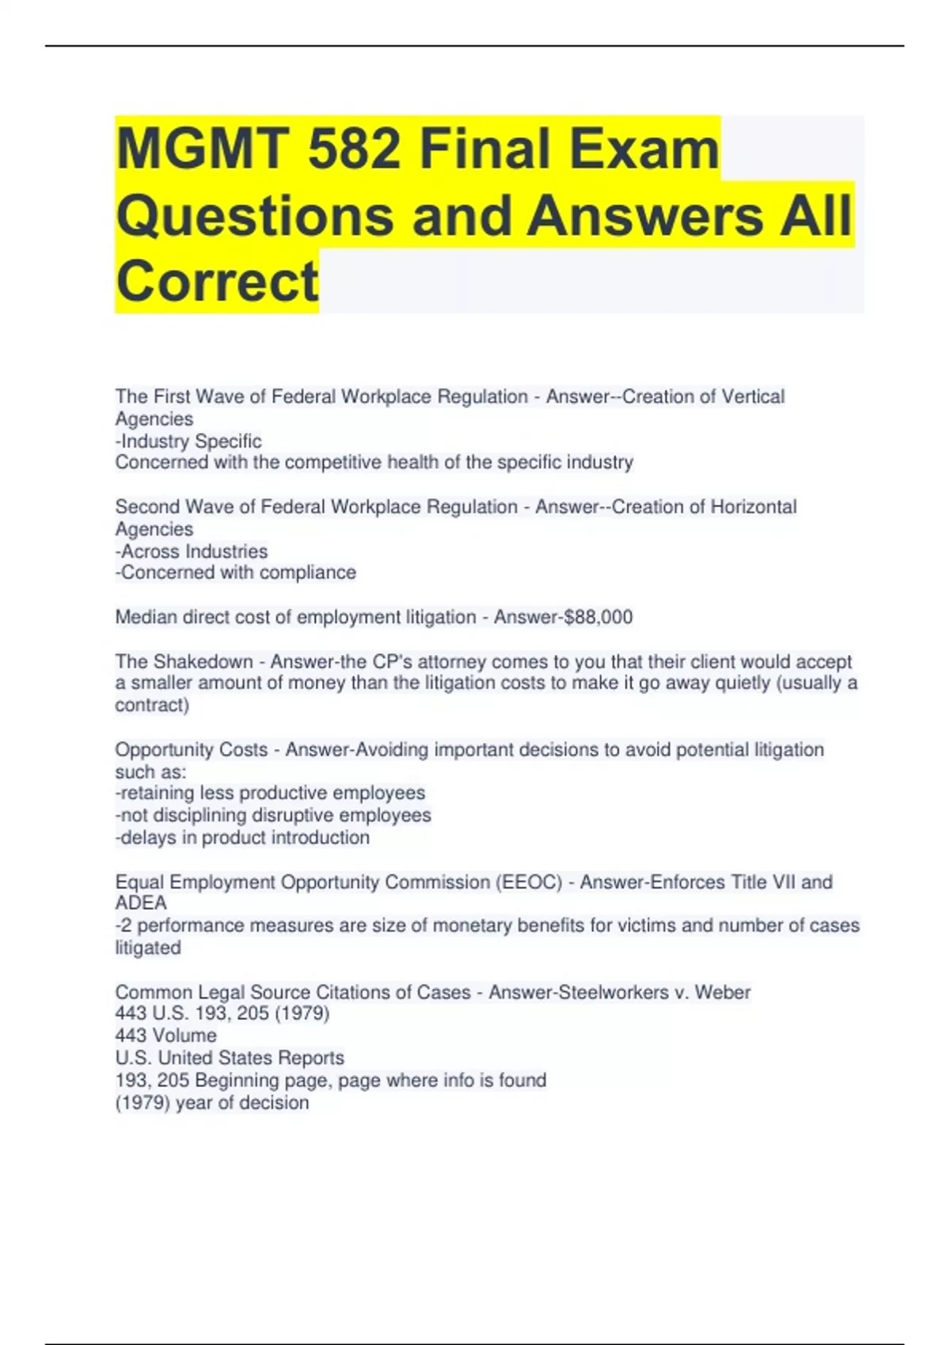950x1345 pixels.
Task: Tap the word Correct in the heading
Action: point(217,281)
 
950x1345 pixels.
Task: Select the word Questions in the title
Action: point(255,215)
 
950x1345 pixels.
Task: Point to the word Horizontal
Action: point(753,506)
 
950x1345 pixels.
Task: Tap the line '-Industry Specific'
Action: point(188,441)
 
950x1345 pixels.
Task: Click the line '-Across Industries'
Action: point(192,551)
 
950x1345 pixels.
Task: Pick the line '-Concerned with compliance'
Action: point(236,572)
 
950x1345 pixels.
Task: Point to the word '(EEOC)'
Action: point(529,882)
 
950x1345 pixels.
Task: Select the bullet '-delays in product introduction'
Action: point(242,837)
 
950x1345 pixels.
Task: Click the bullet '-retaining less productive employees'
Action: point(270,793)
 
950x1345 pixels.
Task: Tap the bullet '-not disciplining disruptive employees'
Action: point(273,815)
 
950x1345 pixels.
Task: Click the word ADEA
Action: point(141,904)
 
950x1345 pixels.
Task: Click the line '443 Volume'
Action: point(165,1036)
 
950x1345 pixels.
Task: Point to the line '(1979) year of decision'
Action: point(212,1103)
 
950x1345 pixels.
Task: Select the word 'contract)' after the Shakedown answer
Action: point(152,705)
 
